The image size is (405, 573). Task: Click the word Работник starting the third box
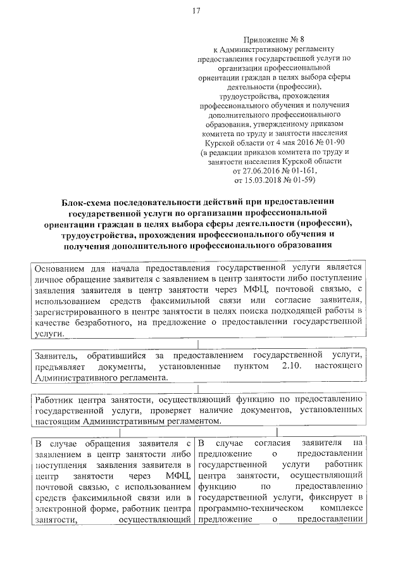(54, 400)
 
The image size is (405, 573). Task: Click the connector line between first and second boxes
(197, 344)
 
